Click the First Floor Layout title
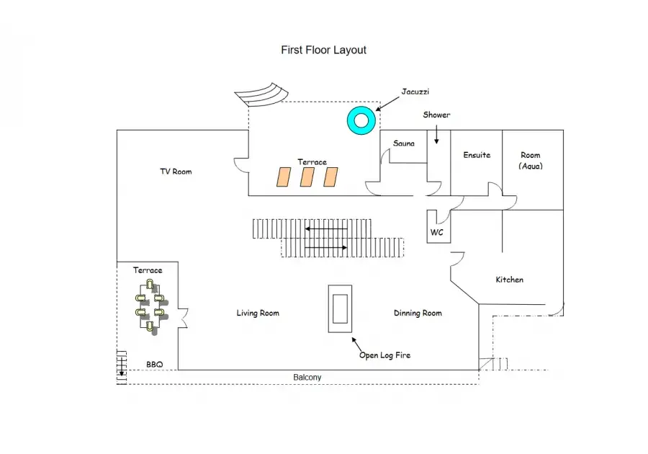[323, 50]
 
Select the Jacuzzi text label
[415, 92]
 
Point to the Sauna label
[404, 143]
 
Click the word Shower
[436, 115]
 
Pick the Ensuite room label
[477, 155]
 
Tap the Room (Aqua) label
[531, 161]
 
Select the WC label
[437, 232]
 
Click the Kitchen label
[510, 280]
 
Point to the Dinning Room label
[418, 313]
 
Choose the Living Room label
[258, 313]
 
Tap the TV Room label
[176, 172]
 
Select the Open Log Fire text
[384, 355]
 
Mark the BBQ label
[155, 364]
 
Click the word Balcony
[307, 378]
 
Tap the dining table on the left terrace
[150, 305]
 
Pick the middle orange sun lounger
[307, 177]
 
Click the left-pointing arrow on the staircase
[326, 228]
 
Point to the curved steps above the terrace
[261, 94]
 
